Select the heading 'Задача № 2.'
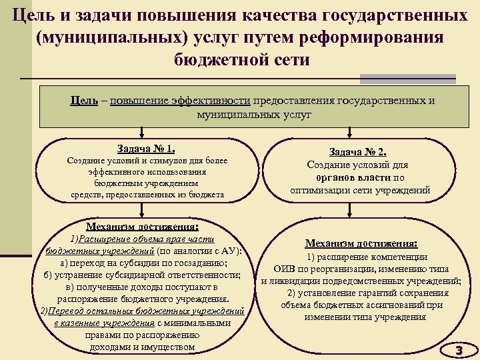(359, 151)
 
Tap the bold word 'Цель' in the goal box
(85, 101)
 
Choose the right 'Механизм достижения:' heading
(361, 243)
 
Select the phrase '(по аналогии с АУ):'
(199, 251)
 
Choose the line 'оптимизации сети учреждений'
(360, 190)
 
